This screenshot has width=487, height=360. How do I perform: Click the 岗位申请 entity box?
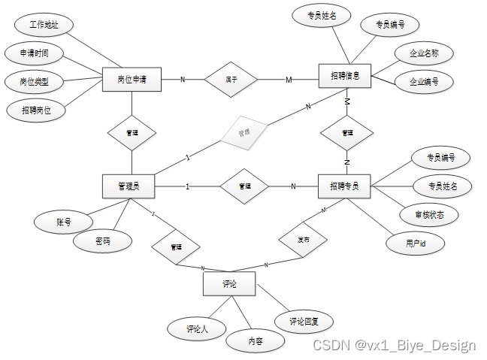[132, 79]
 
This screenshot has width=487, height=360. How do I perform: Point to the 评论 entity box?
[229, 284]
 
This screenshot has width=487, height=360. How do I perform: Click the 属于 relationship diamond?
[231, 78]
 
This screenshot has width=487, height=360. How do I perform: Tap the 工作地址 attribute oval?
[44, 25]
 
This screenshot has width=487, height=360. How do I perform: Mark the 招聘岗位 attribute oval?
[35, 110]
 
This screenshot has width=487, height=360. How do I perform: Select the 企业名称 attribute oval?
[424, 54]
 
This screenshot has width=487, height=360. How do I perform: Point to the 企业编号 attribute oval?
[424, 81]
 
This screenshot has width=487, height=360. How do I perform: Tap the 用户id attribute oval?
[415, 243]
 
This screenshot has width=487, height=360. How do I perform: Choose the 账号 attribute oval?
[63, 222]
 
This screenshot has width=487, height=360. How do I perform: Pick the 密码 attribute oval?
[103, 242]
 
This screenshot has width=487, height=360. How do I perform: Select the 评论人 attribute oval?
[196, 328]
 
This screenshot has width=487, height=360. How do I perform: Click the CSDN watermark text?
[394, 345]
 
